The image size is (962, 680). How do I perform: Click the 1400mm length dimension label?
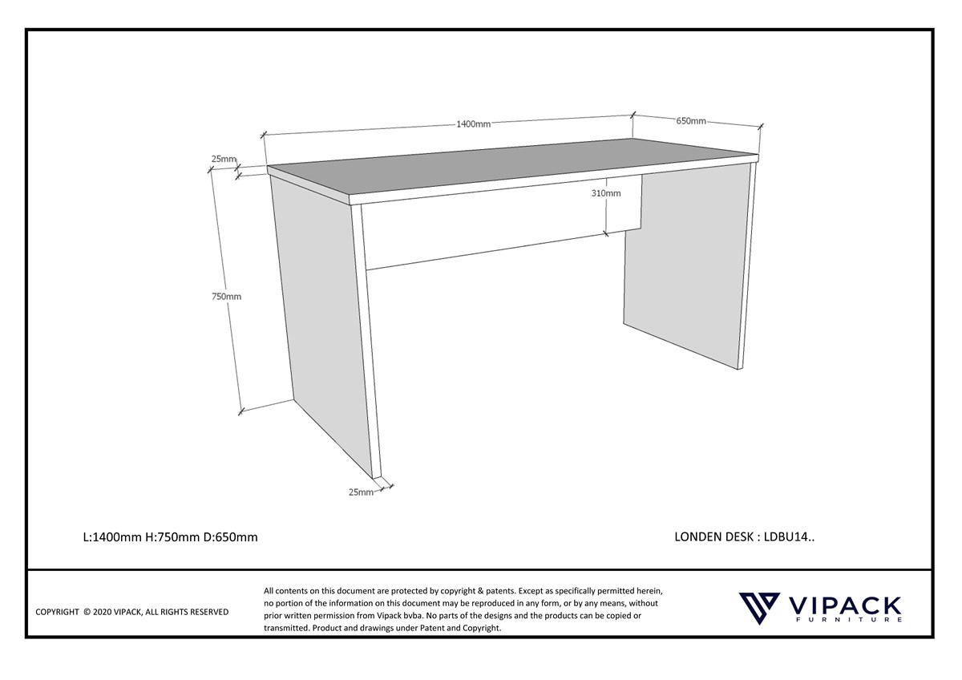tap(473, 124)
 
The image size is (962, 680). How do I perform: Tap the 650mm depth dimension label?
tap(691, 121)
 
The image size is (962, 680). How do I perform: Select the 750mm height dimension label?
tap(226, 297)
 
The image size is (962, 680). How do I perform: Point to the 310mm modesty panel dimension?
tap(606, 193)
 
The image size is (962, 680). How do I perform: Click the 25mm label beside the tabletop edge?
tap(224, 159)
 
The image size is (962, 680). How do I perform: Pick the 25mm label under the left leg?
tap(361, 492)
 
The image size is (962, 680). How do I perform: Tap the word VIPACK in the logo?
tap(844, 605)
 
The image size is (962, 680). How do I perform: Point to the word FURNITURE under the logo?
tap(849, 620)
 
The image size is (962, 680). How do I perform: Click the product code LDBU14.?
tap(789, 537)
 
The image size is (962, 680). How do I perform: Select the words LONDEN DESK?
tap(713, 537)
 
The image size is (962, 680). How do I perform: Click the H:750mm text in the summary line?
tap(172, 537)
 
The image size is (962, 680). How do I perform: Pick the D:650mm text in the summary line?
tap(231, 537)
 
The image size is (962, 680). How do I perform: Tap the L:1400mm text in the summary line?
tap(112, 537)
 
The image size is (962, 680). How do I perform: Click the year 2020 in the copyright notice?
tap(102, 612)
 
